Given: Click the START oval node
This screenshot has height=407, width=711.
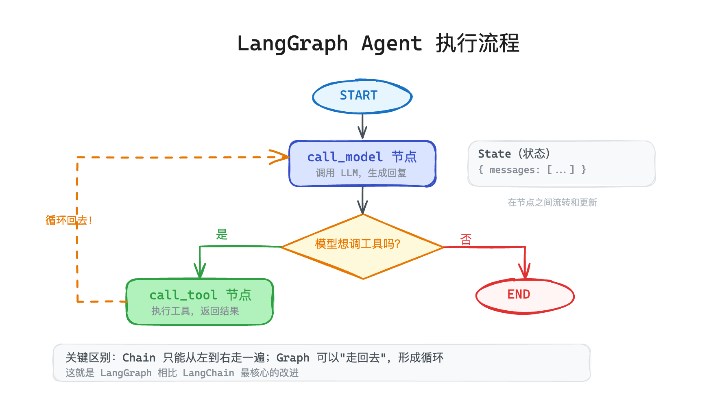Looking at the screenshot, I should [x=362, y=96].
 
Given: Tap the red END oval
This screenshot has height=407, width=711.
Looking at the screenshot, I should [x=524, y=295].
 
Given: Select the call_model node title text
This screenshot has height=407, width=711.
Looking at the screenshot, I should [x=362, y=157].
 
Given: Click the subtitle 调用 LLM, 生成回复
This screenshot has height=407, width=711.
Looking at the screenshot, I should [x=361, y=173].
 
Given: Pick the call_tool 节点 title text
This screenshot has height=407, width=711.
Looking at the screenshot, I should [x=200, y=295].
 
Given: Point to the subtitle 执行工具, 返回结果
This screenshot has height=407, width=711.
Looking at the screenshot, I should [x=195, y=311].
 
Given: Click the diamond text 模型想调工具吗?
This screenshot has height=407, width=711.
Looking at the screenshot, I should [x=358, y=244].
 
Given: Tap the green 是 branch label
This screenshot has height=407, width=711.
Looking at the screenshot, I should [x=222, y=234].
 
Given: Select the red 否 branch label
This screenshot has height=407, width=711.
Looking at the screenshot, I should [x=466, y=239].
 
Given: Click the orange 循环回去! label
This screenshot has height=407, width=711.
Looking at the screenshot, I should [x=68, y=221].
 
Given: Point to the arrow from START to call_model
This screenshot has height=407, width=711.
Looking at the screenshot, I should [x=362, y=126].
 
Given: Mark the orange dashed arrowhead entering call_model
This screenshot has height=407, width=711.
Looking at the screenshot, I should [x=281, y=157].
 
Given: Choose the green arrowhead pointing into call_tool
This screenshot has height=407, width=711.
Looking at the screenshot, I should [x=200, y=271].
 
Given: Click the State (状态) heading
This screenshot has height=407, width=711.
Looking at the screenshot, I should [x=514, y=154].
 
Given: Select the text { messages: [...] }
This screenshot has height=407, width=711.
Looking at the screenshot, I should [x=532, y=170].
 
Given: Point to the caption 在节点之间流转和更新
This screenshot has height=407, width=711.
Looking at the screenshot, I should [x=552, y=202].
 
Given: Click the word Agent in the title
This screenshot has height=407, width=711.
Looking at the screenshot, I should [x=391, y=44].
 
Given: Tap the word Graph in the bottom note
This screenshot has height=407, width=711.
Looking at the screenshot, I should [x=292, y=358].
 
